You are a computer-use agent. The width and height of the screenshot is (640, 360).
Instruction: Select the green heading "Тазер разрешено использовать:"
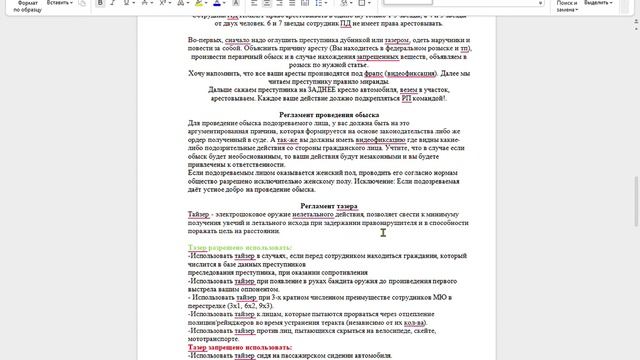pyautogui.click(x=240, y=247)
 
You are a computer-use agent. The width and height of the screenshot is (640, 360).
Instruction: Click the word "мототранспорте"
pyautogui.click(x=216, y=339)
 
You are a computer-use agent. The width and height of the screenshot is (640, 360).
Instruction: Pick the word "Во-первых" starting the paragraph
pyautogui.click(x=205, y=40)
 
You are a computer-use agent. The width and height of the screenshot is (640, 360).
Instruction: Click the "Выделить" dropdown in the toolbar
pyautogui.click(x=601, y=4)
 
